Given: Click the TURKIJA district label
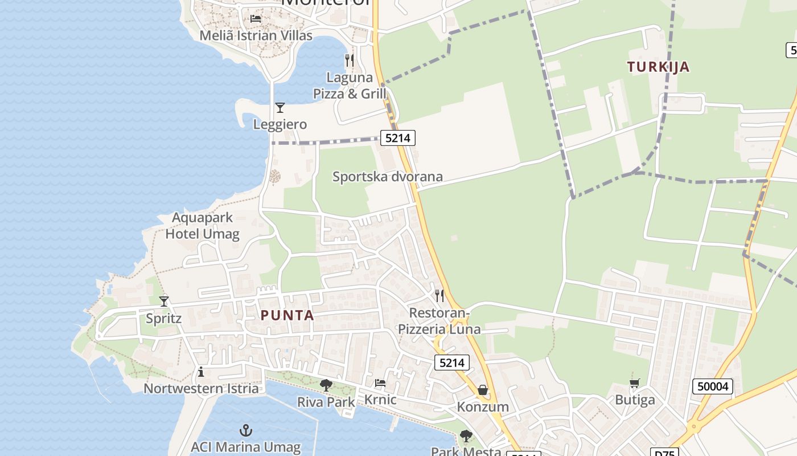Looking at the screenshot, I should pyautogui.click(x=658, y=67).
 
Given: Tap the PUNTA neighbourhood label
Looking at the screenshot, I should pyautogui.click(x=287, y=315).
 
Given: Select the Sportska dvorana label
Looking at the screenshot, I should pyautogui.click(x=388, y=177).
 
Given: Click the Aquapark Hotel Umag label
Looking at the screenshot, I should pyautogui.click(x=202, y=226).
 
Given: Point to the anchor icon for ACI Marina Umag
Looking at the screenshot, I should pyautogui.click(x=246, y=430).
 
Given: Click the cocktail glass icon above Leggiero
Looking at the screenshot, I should pyautogui.click(x=280, y=107).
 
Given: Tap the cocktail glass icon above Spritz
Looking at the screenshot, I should pyautogui.click(x=164, y=301).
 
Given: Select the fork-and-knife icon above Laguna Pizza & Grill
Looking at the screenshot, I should pyautogui.click(x=350, y=59).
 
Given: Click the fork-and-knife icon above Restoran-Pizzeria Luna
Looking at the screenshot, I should pyautogui.click(x=439, y=295).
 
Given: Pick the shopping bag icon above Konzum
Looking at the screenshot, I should pyautogui.click(x=483, y=390).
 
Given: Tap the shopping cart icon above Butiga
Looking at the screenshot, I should pyautogui.click(x=635, y=383).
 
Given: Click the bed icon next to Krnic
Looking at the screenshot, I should pyautogui.click(x=380, y=383).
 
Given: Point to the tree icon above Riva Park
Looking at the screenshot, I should pyautogui.click(x=326, y=385).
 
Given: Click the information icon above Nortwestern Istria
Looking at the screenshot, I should pyautogui.click(x=200, y=372).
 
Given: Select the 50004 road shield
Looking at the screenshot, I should pyautogui.click(x=713, y=386).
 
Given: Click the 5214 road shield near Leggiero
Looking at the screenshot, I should pyautogui.click(x=397, y=137).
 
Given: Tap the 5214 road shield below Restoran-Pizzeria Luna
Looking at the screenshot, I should pyautogui.click(x=452, y=363).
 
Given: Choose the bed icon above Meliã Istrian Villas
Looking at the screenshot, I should pyautogui.click(x=256, y=18).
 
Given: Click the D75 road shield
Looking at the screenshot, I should pyautogui.click(x=664, y=453).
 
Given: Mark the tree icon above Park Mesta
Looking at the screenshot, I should pyautogui.click(x=466, y=436).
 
